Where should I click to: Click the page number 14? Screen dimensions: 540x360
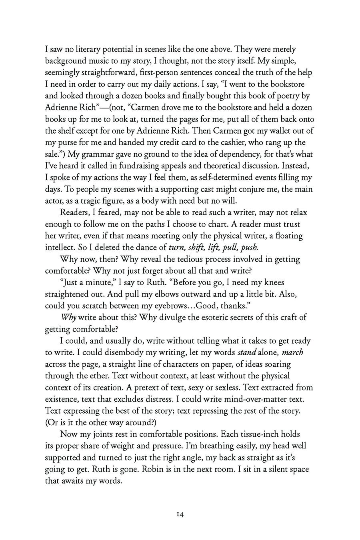click(180, 514)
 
